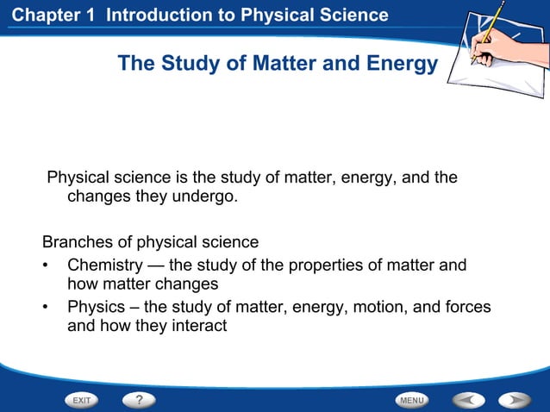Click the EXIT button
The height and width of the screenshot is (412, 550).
point(82,400)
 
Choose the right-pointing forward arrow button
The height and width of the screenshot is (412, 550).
point(515,400)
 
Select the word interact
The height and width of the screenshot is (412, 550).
point(197,326)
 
